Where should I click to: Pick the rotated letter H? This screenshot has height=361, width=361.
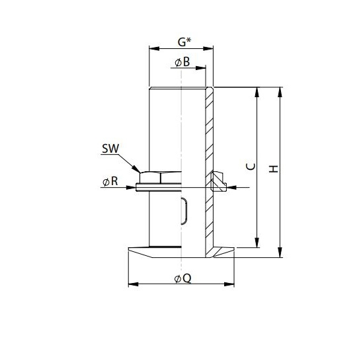(x=274, y=170)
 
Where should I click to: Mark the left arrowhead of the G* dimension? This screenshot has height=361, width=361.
(x=153, y=48)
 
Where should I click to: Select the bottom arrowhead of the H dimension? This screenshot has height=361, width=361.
(x=281, y=253)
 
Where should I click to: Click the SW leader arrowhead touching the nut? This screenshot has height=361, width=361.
(x=139, y=171)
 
